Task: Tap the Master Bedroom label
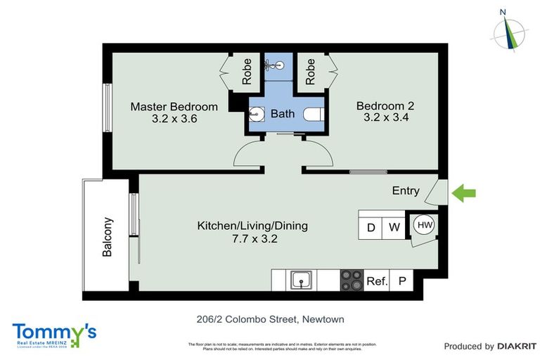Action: click(174, 107)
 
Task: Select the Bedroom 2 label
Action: click(385, 106)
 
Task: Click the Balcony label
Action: click(108, 240)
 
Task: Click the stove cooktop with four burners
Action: click(351, 280)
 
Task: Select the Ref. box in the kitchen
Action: click(377, 281)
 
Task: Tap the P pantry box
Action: click(402, 281)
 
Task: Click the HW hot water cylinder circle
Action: click(424, 225)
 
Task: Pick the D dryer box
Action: click(371, 228)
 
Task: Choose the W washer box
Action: click(394, 228)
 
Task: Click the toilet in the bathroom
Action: click(313, 114)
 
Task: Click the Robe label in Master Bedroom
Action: click(247, 71)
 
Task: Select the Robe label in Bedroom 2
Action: click(309, 71)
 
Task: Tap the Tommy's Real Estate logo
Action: click(54, 334)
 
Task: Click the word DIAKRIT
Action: click(517, 346)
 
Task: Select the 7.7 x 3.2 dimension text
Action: click(252, 238)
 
